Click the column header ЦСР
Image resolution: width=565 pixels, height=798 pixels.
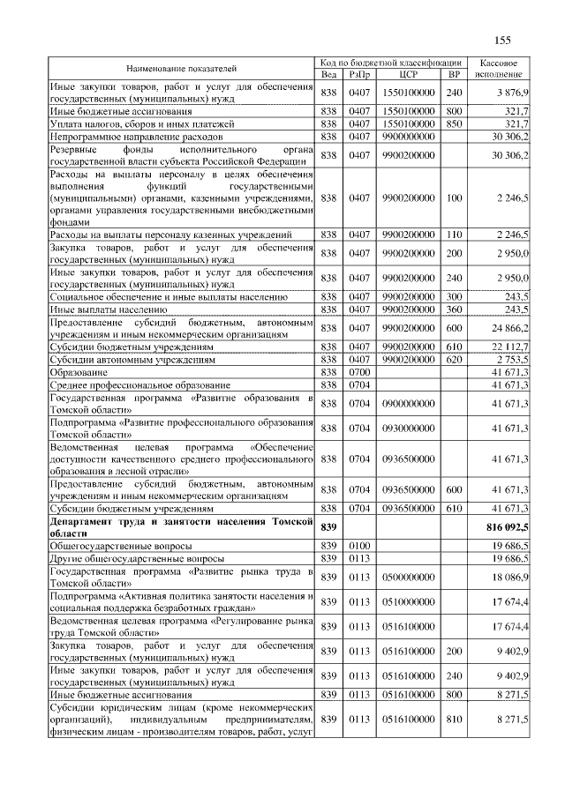coord(407,74)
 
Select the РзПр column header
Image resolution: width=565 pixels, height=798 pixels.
coord(360,74)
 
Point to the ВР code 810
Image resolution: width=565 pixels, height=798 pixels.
coord(454,720)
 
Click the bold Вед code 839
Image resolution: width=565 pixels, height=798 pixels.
coord(328,527)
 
